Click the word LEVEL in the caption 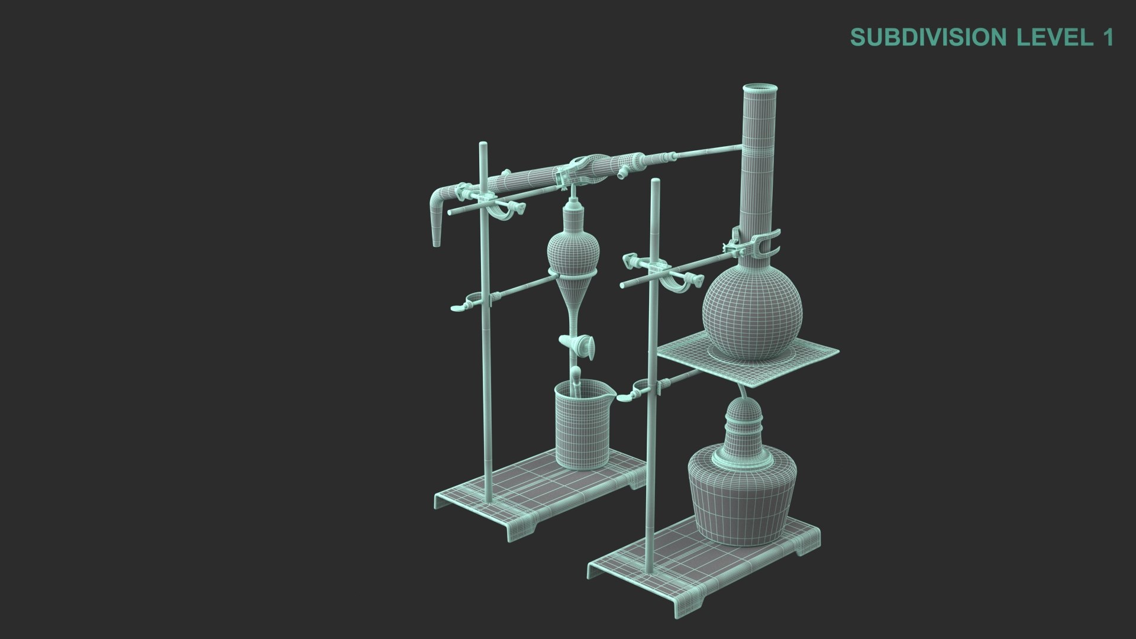click(x=1053, y=37)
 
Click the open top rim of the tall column click(x=759, y=90)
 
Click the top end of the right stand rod click(x=654, y=182)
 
